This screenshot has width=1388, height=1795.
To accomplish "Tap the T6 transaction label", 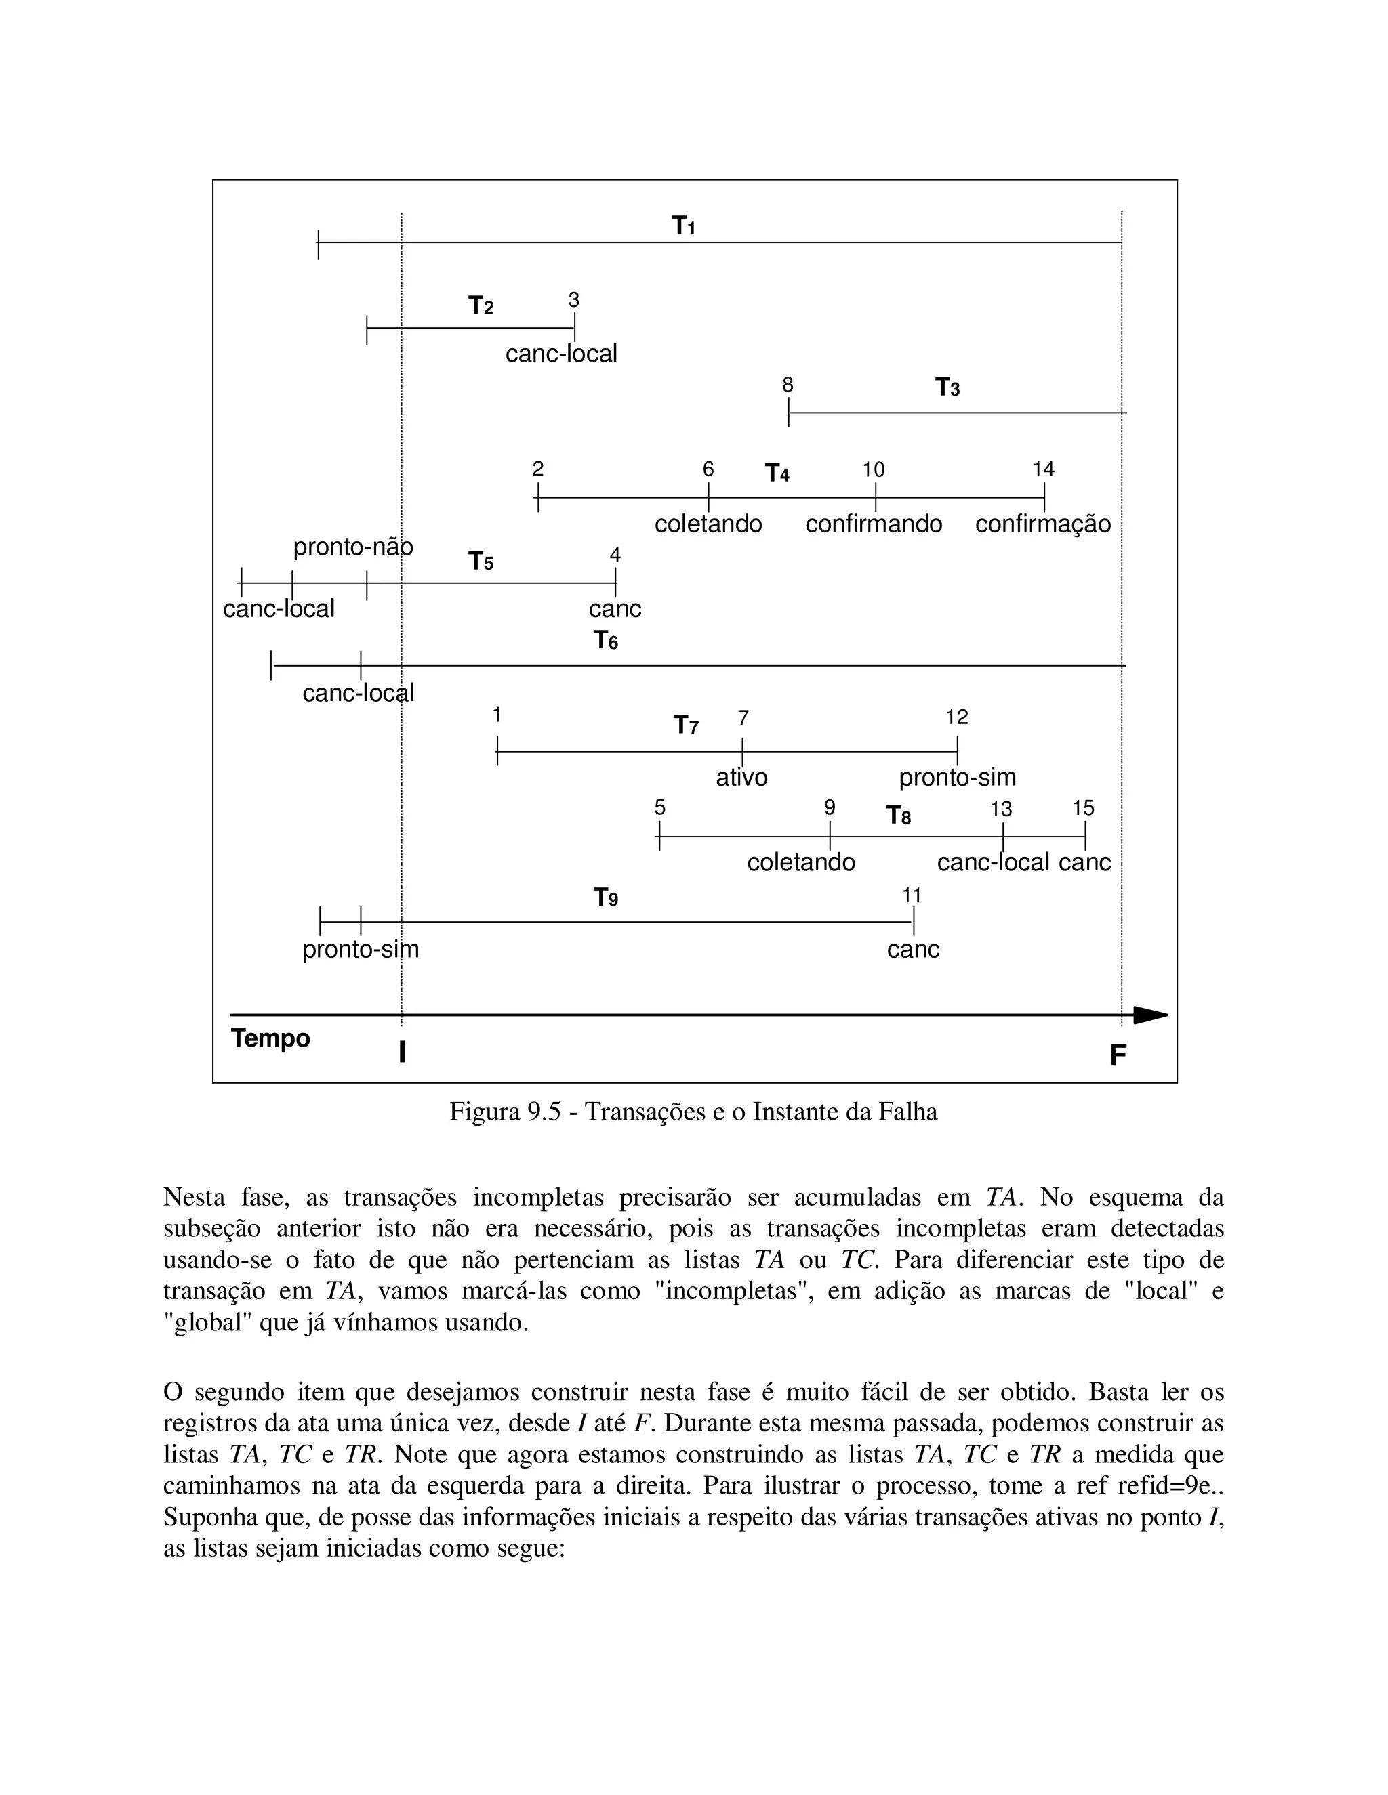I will tap(605, 640).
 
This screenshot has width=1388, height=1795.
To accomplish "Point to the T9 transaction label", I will tap(605, 897).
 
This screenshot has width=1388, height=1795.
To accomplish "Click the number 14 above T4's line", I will tap(1044, 469).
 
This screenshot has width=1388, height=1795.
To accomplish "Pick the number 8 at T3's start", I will tap(788, 385).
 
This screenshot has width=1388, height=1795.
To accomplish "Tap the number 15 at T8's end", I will tap(1083, 808).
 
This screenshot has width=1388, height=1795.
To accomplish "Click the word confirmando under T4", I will tap(873, 524).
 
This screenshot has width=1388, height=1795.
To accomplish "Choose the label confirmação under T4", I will tap(1042, 524).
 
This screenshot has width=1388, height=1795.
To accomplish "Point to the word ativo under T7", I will tap(741, 778).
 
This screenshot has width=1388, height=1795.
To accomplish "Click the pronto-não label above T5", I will tap(352, 547).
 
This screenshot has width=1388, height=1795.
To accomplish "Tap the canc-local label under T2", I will tap(560, 354).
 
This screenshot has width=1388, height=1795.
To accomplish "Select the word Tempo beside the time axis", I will tap(270, 1038).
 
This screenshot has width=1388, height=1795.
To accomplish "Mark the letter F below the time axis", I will tap(1118, 1055).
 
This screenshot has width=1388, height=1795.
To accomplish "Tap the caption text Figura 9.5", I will tap(693, 1112).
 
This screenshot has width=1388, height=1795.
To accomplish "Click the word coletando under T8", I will tap(801, 862).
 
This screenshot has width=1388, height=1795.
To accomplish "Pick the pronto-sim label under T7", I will tap(957, 778).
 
